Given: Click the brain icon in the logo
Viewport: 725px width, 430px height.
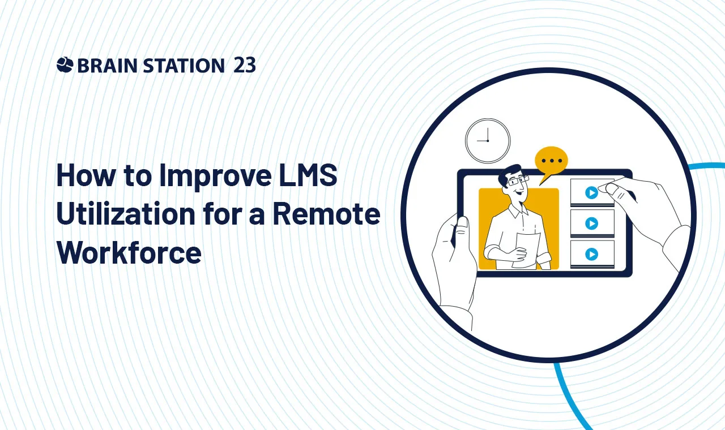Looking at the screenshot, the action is (65, 64).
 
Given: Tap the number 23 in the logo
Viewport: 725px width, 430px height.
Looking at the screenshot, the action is (244, 65).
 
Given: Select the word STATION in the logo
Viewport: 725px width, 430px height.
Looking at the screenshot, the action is (184, 65).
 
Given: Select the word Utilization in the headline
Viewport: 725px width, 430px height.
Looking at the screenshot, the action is (126, 213).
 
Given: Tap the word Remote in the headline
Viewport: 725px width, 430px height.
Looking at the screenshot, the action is (327, 213).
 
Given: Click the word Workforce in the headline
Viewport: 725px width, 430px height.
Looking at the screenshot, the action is (129, 252).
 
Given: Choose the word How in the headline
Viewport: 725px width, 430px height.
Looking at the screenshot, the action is (86, 175).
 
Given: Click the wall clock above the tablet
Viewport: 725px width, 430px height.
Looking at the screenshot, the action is (488, 141).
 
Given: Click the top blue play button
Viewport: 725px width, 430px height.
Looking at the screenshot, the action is (591, 193).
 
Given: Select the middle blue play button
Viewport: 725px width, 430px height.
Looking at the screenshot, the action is (591, 223).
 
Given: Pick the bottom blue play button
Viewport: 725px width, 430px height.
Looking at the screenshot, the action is (591, 254).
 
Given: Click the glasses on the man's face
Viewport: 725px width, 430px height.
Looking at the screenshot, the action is (518, 180).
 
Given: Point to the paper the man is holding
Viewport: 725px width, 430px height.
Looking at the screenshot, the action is (527, 250).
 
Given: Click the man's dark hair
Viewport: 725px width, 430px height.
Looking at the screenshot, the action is (510, 175).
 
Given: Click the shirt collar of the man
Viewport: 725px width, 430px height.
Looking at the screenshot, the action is (519, 211).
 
